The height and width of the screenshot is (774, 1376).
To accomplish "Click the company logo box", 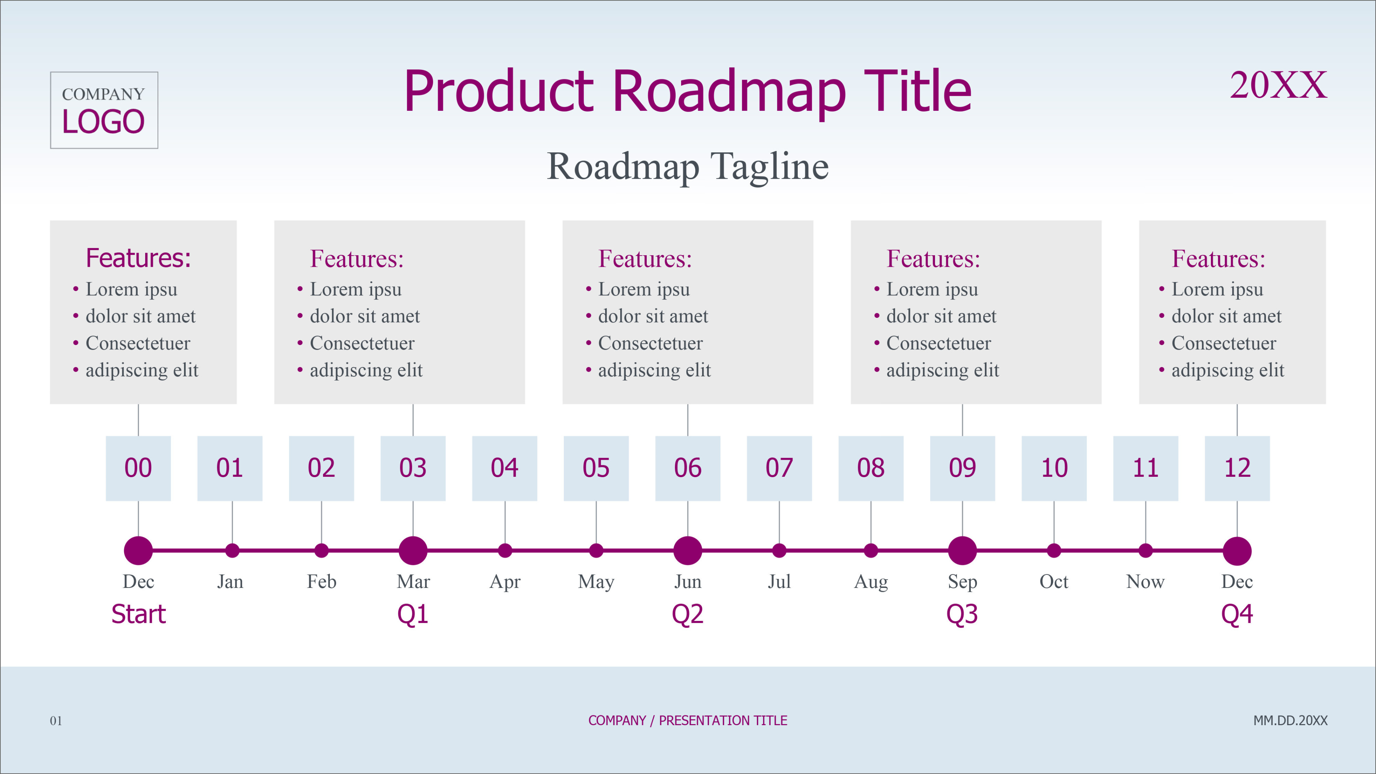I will (104, 110).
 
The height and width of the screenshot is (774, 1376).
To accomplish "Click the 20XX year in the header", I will (1278, 85).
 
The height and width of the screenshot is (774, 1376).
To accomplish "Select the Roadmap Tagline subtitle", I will (688, 167).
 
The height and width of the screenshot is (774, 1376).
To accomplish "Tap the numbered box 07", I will (779, 468).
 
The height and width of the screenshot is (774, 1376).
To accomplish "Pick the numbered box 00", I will (138, 468).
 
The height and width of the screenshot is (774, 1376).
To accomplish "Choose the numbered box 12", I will (1237, 468).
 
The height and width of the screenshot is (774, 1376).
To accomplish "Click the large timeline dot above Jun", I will (688, 550).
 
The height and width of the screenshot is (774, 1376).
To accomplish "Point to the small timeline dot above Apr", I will (505, 550).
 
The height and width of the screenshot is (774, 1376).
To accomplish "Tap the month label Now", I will (1145, 581).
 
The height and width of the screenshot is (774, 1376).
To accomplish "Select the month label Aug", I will (871, 581).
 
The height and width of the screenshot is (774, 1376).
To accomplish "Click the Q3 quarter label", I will (962, 614).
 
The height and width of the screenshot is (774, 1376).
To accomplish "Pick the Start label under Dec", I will (138, 614).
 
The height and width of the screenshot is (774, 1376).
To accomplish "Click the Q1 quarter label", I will (413, 614).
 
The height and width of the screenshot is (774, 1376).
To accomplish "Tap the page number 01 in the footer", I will (56, 720).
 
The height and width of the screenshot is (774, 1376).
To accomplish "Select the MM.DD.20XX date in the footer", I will (1290, 720).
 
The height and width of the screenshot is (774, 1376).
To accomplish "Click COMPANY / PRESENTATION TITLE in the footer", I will (688, 720).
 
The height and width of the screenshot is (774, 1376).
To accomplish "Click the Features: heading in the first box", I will (138, 258).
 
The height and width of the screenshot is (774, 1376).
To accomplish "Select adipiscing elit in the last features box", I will (1228, 370).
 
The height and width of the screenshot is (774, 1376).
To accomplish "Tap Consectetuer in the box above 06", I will (650, 343).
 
